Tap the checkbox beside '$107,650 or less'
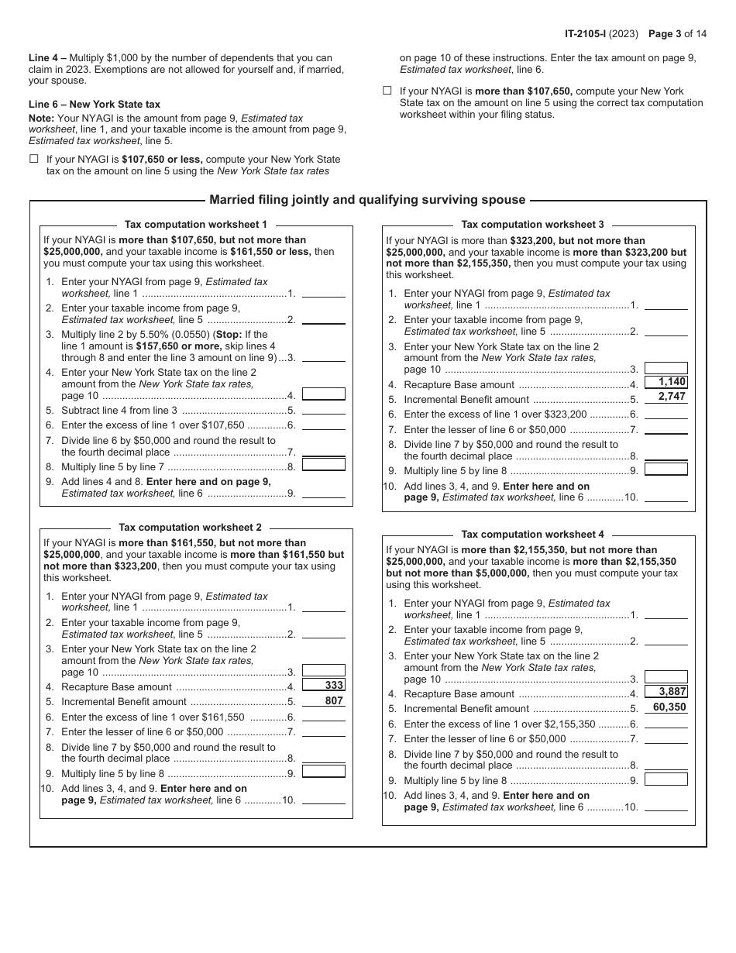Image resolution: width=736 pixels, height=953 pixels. pyautogui.click(x=34, y=159)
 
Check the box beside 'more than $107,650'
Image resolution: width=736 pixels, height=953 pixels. pyautogui.click(x=387, y=91)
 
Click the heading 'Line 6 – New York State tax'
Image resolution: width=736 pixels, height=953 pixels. pyautogui.click(x=95, y=104)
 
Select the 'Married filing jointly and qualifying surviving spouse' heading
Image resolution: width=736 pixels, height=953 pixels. pyautogui.click(x=367, y=200)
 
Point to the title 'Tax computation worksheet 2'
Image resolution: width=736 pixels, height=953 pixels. pyautogui.click(x=190, y=527)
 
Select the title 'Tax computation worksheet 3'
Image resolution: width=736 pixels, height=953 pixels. pyautogui.click(x=532, y=225)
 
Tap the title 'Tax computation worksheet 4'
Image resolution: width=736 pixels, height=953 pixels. pyautogui.click(x=532, y=535)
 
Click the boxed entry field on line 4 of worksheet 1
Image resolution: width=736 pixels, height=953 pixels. pyautogui.click(x=323, y=394)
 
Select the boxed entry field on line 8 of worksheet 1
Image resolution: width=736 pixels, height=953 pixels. pyautogui.click(x=323, y=465)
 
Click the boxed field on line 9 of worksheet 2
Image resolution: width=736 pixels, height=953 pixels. pyautogui.click(x=323, y=771)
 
